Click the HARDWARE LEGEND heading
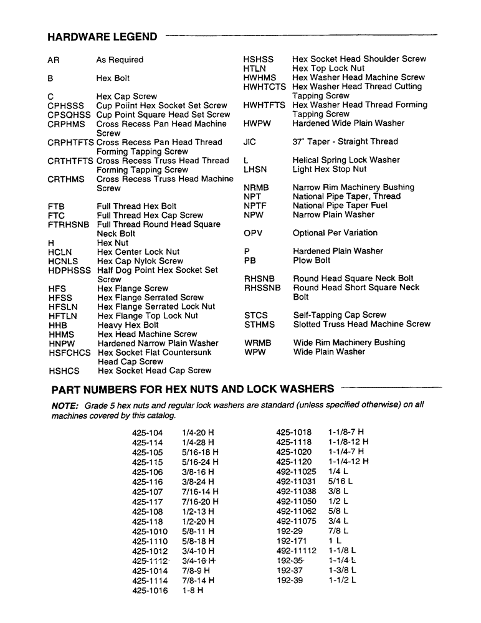(102, 37)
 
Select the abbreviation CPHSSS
(65, 106)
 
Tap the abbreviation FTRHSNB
(69, 224)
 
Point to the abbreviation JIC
(250, 142)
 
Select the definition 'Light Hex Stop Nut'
(330, 169)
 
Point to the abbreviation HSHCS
(64, 371)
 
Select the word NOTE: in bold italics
(65, 405)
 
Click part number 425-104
(147, 433)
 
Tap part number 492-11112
(296, 551)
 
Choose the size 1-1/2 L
(342, 580)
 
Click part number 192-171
(292, 541)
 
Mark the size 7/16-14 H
(200, 492)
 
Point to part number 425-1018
(293, 432)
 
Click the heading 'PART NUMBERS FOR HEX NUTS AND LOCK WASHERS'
(193, 389)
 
